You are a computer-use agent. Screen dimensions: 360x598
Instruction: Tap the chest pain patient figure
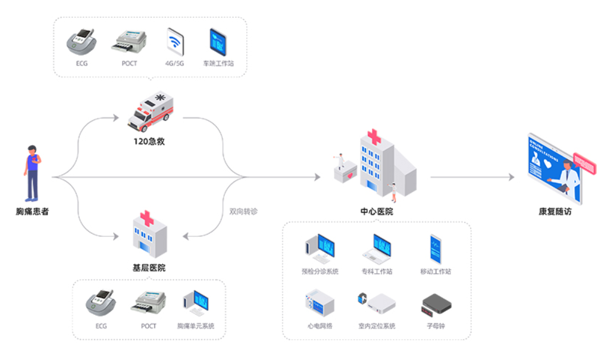[x=32, y=173]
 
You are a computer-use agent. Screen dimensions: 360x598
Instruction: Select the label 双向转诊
[x=243, y=211]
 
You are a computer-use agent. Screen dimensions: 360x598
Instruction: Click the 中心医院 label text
[x=376, y=211]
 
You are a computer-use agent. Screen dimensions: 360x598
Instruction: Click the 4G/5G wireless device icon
[x=175, y=42]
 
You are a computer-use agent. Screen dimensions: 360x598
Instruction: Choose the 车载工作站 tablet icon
[x=218, y=42]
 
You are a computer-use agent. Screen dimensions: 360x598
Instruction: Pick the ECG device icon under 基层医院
[x=101, y=303]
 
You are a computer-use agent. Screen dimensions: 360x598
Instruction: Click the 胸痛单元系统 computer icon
[x=195, y=303]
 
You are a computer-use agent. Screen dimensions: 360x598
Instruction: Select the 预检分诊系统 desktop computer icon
[x=320, y=249]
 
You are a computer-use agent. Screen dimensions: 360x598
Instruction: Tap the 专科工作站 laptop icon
[x=377, y=249]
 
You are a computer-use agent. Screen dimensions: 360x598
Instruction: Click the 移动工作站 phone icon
[x=436, y=249]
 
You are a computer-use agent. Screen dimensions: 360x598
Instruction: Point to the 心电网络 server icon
[x=320, y=303]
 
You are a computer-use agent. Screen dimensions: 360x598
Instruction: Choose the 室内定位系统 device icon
[x=377, y=302]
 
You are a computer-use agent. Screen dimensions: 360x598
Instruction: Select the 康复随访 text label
[x=555, y=211]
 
